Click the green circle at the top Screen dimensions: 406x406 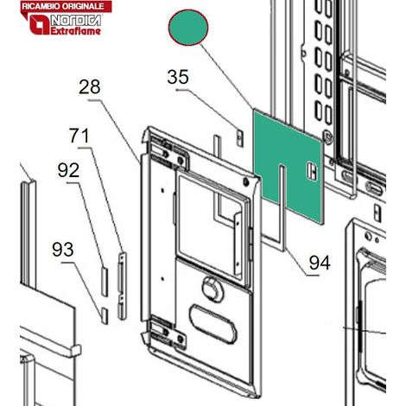click(x=188, y=27)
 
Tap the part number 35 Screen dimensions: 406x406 click(x=178, y=77)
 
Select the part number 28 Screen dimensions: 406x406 click(x=90, y=86)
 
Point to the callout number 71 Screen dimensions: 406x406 click(x=79, y=136)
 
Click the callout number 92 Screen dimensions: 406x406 click(x=68, y=170)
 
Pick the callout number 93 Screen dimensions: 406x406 click(x=63, y=250)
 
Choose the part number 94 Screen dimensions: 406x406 click(x=320, y=263)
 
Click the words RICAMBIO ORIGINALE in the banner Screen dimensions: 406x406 click(x=63, y=6)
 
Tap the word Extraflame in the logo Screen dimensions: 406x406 click(x=76, y=31)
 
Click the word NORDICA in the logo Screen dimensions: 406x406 click(x=76, y=21)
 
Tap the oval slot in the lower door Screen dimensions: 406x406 click(x=213, y=324)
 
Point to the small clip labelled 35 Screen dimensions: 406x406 click(x=240, y=138)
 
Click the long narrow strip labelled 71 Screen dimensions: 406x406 click(x=122, y=286)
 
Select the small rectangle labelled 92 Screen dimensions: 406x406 click(x=105, y=282)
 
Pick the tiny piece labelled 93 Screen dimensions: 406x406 click(x=105, y=316)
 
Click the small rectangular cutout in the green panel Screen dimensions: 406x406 click(x=312, y=172)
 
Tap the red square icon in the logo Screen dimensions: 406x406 click(x=40, y=25)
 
